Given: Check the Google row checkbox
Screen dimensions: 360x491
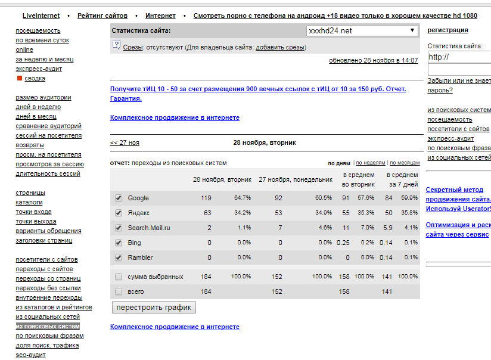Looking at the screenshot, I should pos(118,198).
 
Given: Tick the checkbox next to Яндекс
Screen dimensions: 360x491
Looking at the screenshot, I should pos(118,213).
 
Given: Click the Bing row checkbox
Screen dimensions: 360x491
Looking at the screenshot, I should pos(118,243).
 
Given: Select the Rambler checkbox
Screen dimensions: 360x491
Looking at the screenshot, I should pos(118,257).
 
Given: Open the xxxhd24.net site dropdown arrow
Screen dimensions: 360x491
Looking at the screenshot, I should pos(412,30).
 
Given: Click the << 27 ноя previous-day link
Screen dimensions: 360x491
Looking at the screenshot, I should pos(125,142).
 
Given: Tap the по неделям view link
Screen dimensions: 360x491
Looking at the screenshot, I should pos(371,163).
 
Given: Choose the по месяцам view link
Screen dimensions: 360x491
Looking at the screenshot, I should pos(405,163).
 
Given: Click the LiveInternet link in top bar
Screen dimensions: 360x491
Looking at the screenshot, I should pos(41,15).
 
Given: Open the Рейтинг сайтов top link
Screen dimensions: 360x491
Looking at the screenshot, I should pos(102,15).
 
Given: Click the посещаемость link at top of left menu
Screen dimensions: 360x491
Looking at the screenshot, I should pos(38,30).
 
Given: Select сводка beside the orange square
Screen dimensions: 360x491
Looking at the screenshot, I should pos(35,78).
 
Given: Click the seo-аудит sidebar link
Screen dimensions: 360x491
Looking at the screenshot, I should pos(30,355).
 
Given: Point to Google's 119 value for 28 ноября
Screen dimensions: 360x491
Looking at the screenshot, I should pos(206,198).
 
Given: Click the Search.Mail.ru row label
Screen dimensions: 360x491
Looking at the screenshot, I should pos(148,228).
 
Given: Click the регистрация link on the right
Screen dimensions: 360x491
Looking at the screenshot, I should pos(448,30).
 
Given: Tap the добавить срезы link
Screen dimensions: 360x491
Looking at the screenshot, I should pos(280,47).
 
